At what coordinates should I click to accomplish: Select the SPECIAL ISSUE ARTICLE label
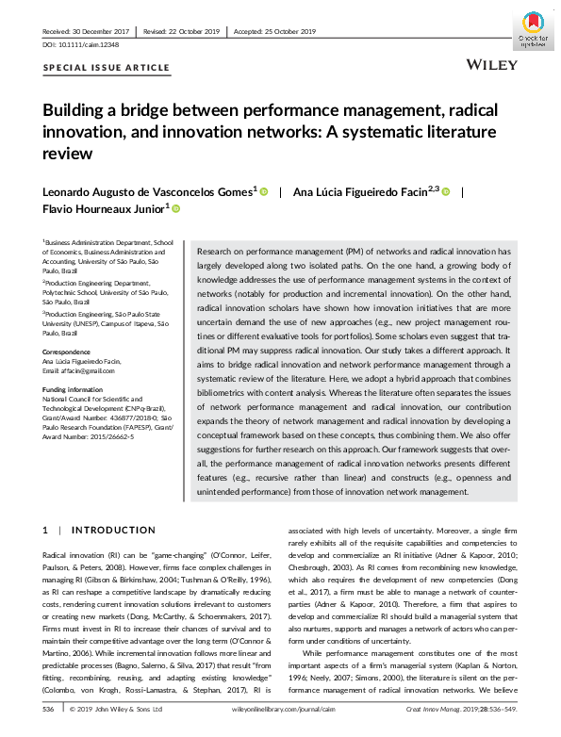[107, 68]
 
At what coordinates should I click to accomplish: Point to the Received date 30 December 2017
[84, 30]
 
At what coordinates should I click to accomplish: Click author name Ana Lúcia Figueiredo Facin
[365, 191]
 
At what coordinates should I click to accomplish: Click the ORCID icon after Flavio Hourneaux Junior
[175, 208]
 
